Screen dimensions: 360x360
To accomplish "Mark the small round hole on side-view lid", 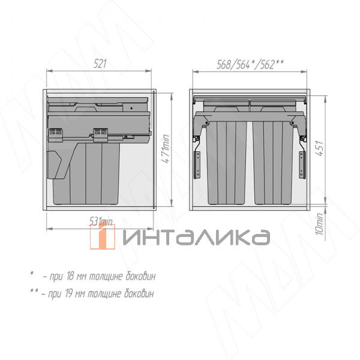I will point(131,108).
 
